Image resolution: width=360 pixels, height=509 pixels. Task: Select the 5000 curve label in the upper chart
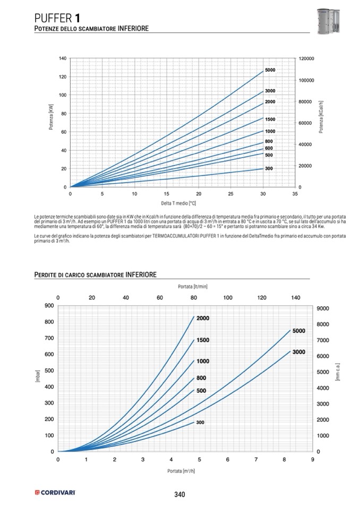[270, 70]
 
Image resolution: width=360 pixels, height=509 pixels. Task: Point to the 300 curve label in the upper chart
[269, 168]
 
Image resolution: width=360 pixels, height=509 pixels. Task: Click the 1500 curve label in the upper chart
[270, 119]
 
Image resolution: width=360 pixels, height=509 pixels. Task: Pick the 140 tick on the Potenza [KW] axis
[63, 58]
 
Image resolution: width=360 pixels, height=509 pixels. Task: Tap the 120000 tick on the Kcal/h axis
[307, 58]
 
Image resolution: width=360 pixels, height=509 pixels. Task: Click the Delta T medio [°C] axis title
[179, 203]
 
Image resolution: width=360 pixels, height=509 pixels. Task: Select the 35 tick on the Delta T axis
[295, 194]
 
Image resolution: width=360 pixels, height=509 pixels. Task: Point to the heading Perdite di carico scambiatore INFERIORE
[95, 274]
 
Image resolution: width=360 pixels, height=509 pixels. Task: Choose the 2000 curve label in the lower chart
[203, 318]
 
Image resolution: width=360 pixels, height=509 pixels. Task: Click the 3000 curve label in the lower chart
[298, 352]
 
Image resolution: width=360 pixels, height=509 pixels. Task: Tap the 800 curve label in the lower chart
[201, 378]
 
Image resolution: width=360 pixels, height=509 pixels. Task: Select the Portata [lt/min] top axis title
[193, 287]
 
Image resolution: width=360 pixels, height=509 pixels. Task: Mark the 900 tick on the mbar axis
[48, 306]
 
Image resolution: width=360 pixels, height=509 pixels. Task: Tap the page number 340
[179, 495]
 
